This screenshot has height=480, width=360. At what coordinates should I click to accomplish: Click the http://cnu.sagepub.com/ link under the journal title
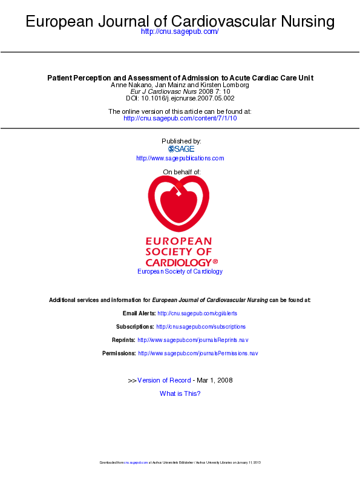[179, 31]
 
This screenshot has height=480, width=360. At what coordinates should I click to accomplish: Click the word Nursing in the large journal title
[307, 21]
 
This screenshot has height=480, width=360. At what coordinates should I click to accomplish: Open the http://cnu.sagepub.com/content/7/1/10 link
[180, 118]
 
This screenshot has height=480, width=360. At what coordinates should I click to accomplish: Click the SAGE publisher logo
[181, 149]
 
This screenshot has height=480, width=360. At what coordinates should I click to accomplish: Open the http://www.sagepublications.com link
[180, 159]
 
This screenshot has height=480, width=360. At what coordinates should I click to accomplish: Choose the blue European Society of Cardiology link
[180, 272]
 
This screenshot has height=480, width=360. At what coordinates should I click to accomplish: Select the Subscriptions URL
[201, 327]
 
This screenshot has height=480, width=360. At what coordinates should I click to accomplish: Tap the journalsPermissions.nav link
[198, 353]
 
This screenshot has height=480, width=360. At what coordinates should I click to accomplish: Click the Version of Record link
[164, 380]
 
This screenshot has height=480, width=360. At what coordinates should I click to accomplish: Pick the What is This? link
[180, 393]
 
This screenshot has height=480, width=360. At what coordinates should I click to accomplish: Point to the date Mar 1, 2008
[215, 380]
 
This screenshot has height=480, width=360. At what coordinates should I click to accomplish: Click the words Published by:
[182, 141]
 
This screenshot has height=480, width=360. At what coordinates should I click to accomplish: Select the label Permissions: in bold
[119, 353]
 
